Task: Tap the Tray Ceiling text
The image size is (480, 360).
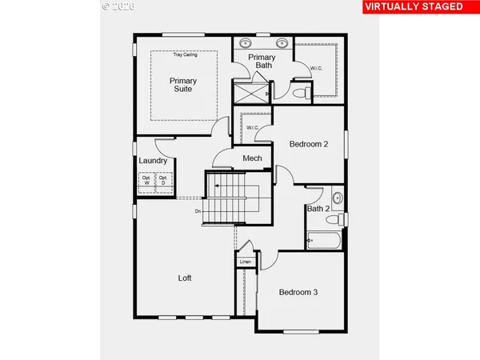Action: click(x=185, y=55)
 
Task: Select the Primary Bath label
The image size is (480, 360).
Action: click(x=261, y=62)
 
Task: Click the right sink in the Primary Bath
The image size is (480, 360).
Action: click(x=282, y=42)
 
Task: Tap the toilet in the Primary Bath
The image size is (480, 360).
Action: click(x=298, y=93)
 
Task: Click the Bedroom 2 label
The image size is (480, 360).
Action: click(x=309, y=145)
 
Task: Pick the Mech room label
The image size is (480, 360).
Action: click(x=253, y=158)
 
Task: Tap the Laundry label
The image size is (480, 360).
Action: click(x=153, y=161)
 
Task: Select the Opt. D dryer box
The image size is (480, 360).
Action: click(x=163, y=182)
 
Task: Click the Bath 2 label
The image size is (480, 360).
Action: click(x=318, y=210)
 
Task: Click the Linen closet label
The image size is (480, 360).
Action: click(x=246, y=262)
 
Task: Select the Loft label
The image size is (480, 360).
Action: click(x=185, y=278)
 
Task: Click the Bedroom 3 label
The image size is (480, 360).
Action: click(x=298, y=293)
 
